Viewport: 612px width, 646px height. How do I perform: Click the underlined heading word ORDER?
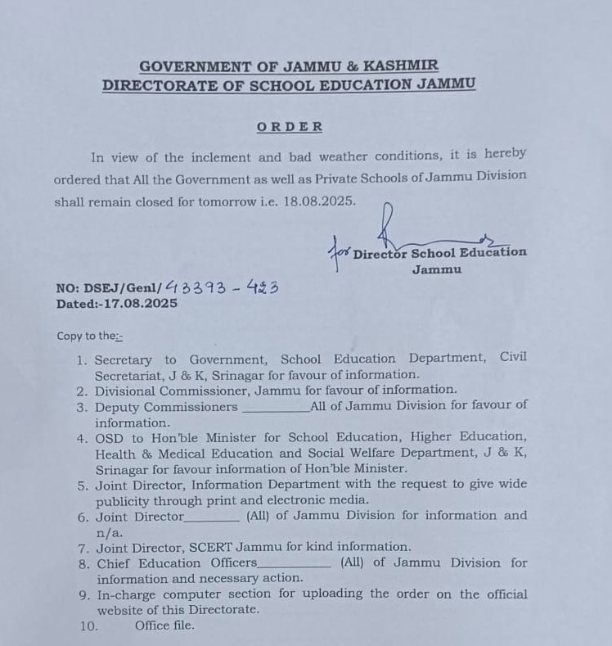coord(290,127)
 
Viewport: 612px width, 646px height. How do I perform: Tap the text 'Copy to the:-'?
coord(89,336)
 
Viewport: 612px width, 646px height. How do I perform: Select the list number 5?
coord(83,485)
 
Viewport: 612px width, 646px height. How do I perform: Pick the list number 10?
coord(88,626)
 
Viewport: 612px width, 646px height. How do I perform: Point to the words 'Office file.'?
coord(164,626)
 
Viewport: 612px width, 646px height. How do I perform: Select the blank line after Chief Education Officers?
coord(295,566)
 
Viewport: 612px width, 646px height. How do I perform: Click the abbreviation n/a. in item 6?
coord(109,531)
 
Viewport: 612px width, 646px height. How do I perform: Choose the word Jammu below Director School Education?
coord(436,269)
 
